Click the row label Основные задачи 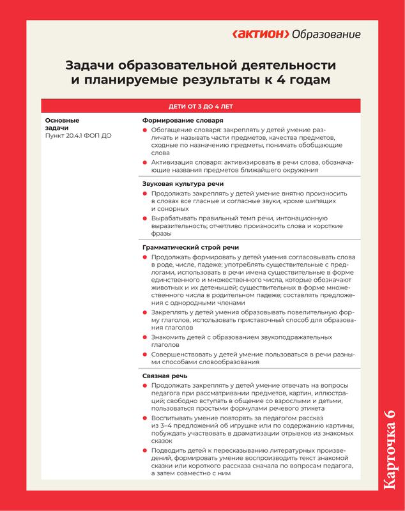click(62, 124)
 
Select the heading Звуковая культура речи click(183, 184)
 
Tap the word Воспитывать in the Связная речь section click(172, 418)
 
